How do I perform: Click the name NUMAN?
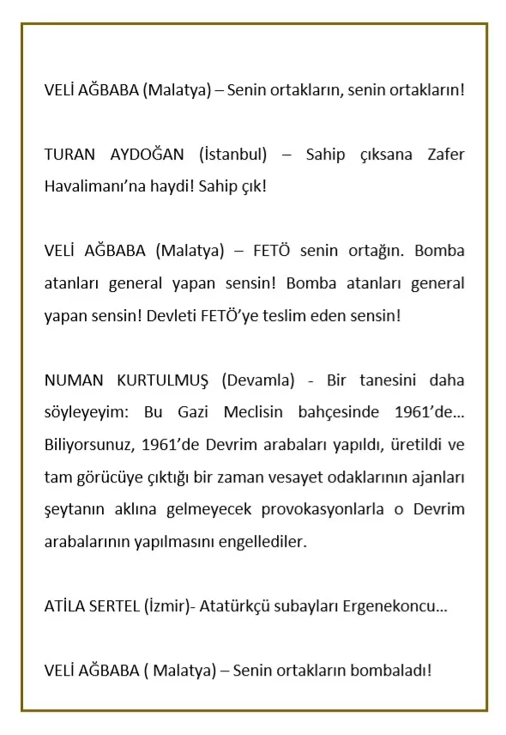70,380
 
